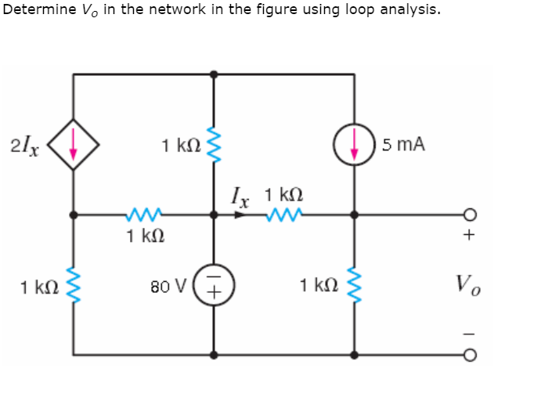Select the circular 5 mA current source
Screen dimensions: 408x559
(354, 145)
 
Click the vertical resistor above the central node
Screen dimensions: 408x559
(214, 146)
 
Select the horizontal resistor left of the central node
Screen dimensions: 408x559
(144, 213)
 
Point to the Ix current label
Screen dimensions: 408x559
(240, 194)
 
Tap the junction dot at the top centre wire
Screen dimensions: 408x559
(214, 74)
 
